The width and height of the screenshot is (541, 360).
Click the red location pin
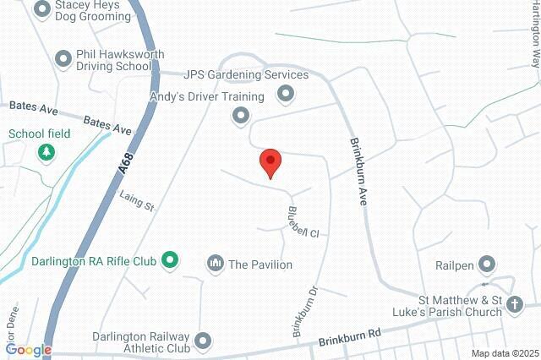pos(270,161)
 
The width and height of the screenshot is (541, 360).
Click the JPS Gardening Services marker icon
pos(286,92)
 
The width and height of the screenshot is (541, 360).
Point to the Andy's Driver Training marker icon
pos(242,115)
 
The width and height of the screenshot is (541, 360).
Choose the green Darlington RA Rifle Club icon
pos(169,260)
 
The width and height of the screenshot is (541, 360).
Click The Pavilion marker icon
pos(216,265)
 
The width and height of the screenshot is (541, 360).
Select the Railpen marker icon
pos(487,265)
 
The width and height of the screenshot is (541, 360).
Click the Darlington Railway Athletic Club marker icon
pos(202,341)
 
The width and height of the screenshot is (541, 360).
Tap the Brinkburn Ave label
pos(359,169)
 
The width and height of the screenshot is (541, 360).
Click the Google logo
pos(29,350)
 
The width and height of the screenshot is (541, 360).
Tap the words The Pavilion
pos(260,265)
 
